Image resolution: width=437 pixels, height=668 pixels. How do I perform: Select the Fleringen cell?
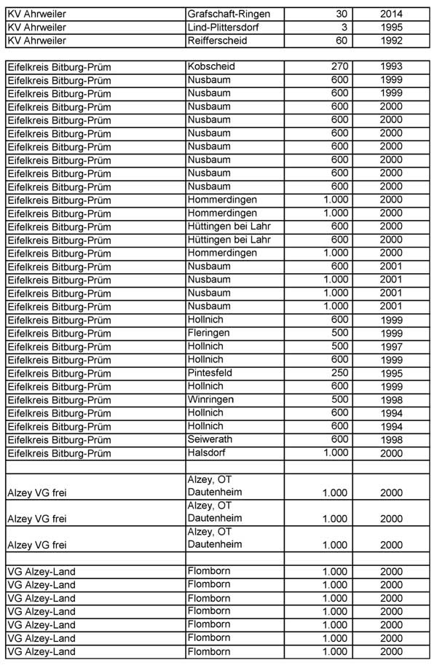coord(209,332)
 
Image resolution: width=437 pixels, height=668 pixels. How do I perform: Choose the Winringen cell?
coord(210,399)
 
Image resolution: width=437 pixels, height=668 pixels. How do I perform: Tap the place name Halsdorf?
coord(208,452)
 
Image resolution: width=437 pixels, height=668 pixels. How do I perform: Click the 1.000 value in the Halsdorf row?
coord(336,452)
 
